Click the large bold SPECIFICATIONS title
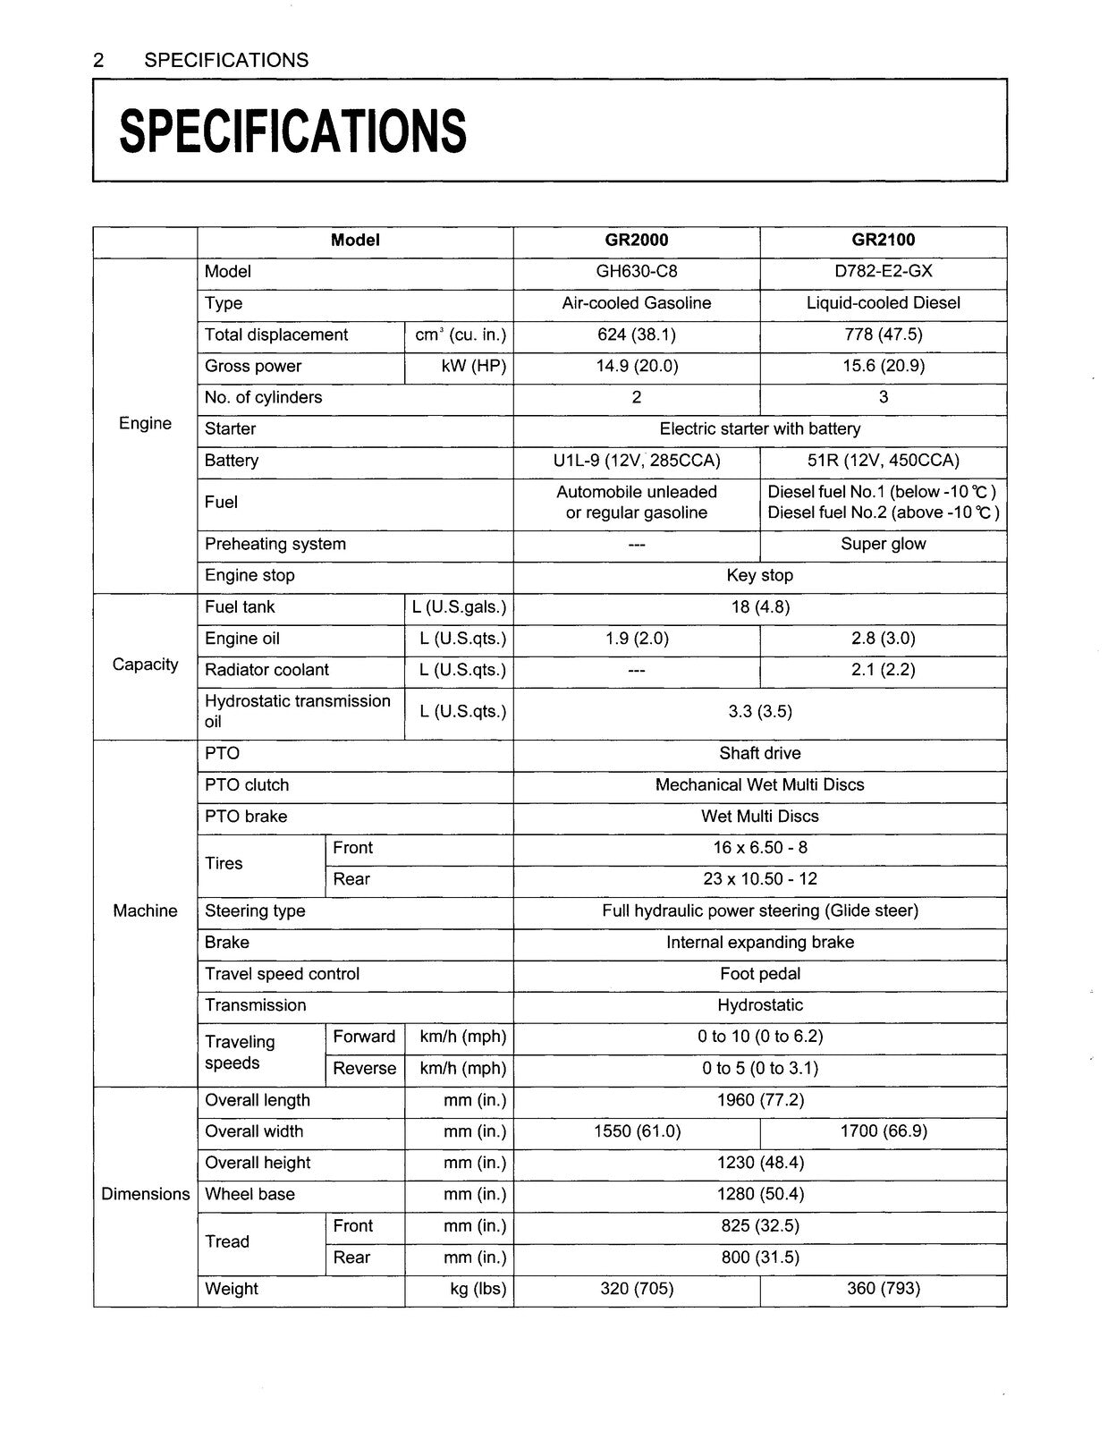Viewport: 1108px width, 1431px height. click(292, 131)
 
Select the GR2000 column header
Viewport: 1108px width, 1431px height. click(636, 240)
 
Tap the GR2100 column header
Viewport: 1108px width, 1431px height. click(883, 240)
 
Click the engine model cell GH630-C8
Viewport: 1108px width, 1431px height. click(636, 272)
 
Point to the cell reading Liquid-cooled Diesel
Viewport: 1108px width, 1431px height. click(883, 303)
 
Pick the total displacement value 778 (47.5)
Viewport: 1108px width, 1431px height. click(883, 334)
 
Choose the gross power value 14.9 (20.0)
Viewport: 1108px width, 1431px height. click(636, 366)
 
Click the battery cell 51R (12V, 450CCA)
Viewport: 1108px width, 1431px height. click(883, 461)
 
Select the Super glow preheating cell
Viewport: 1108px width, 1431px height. click(883, 544)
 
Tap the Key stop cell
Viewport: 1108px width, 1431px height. click(759, 575)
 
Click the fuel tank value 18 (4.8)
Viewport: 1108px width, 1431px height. click(759, 607)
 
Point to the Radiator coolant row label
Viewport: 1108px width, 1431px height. click(266, 670)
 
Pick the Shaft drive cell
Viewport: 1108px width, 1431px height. click(759, 753)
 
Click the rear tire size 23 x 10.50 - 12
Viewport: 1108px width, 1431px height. click(759, 879)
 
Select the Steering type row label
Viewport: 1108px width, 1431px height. click(255, 910)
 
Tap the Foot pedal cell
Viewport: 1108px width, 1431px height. click(759, 974)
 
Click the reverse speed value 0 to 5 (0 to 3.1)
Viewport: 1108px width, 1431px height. click(759, 1068)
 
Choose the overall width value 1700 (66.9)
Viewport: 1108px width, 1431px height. click(883, 1131)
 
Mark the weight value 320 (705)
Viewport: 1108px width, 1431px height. click(636, 1289)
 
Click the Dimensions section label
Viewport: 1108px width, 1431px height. click(145, 1194)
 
